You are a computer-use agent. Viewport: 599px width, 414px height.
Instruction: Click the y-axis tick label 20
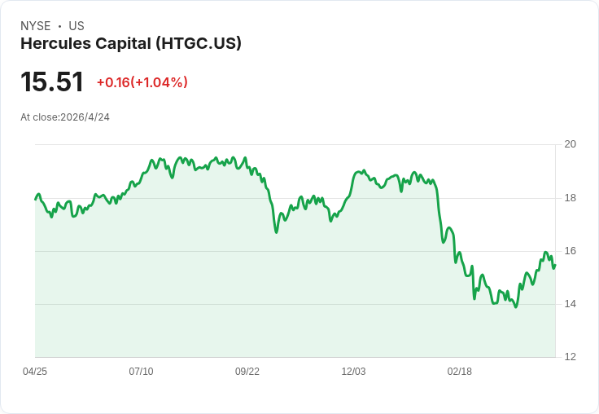coord(570,144)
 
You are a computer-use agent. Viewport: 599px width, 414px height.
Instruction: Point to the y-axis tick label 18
coord(570,198)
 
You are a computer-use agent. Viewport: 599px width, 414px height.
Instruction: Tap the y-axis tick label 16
coord(570,251)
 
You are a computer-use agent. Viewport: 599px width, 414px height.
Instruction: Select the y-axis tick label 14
coord(570,304)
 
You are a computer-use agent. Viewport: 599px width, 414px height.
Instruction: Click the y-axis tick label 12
coord(570,357)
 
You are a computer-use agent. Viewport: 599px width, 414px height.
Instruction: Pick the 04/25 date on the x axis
coord(35,372)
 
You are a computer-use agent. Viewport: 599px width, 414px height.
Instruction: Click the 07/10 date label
coord(141,372)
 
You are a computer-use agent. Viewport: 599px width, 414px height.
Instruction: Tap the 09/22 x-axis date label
coord(247,372)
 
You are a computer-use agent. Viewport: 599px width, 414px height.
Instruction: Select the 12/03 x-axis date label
coord(353,372)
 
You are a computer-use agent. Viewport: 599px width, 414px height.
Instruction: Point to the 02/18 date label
coord(460,372)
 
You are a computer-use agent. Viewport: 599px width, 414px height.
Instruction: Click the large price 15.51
coord(52,81)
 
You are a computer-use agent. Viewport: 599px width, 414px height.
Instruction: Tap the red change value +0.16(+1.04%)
coord(142,82)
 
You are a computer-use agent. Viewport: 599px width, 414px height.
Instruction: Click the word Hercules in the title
coord(56,44)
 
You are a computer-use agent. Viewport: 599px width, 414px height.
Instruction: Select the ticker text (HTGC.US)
coord(199,44)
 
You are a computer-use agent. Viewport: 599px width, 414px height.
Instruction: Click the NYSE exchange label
coord(36,26)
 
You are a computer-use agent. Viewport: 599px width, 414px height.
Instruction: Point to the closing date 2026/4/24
coord(85,117)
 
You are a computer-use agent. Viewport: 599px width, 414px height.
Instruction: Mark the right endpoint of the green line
coord(555,265)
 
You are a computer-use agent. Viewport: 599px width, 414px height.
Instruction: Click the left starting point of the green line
coord(36,200)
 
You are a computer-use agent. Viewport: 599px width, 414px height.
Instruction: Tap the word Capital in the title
coord(124,44)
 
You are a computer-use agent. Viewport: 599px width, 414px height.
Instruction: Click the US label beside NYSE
coord(77,26)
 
